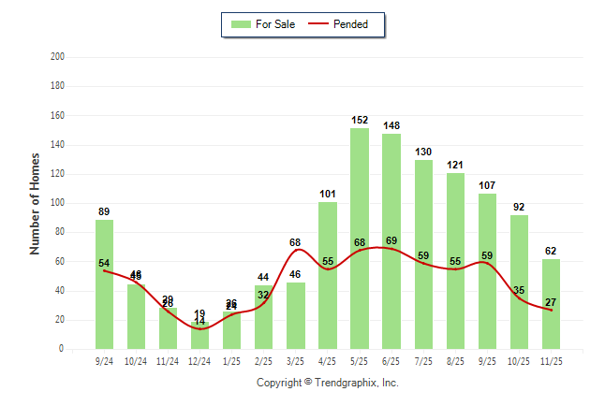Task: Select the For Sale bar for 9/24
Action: (x=104, y=284)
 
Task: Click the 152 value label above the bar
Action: (x=360, y=120)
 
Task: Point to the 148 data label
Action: (x=391, y=125)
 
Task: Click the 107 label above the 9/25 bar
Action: (x=487, y=185)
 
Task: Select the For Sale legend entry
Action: (x=263, y=24)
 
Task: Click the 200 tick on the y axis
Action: (x=57, y=57)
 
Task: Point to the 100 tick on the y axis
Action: (x=57, y=203)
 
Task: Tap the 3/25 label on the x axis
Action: (x=296, y=360)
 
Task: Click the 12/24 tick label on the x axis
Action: (x=199, y=360)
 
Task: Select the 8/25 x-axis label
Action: (x=455, y=360)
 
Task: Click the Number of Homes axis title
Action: (x=36, y=203)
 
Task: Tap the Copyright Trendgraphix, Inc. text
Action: (x=328, y=383)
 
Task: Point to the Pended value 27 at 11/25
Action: (x=551, y=302)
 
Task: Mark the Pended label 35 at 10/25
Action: (x=519, y=291)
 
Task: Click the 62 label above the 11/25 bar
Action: (x=551, y=251)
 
